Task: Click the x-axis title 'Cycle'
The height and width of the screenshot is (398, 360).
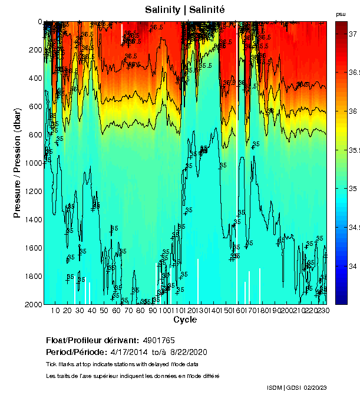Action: tap(181, 320)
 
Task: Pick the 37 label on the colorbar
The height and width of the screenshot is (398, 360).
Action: tap(354, 34)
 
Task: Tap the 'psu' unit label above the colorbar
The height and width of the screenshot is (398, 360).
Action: tap(341, 14)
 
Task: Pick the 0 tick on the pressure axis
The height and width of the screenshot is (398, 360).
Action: tap(39, 22)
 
